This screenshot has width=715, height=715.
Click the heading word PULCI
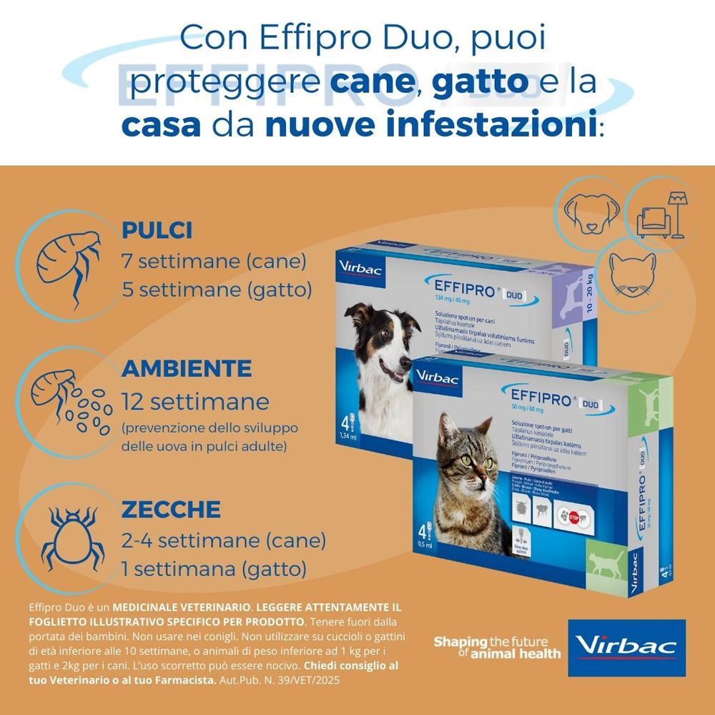point(157,230)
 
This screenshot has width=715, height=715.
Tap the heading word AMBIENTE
point(187,368)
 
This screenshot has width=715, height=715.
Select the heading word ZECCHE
point(171,509)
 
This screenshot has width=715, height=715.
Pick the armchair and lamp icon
point(661,214)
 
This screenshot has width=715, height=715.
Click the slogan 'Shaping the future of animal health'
point(497,647)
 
